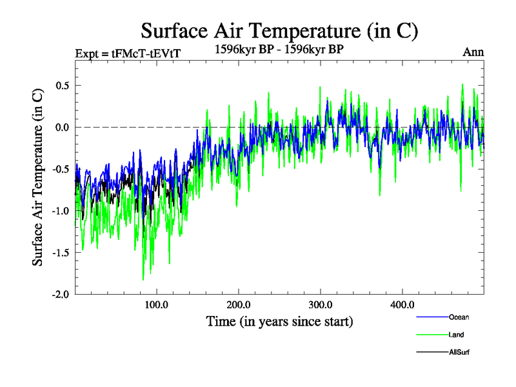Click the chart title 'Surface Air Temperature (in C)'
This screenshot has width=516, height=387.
(280, 30)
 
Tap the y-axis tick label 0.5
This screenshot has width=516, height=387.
(61, 86)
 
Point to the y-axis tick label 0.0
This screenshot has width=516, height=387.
(61, 127)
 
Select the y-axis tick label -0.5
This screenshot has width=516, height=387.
(59, 169)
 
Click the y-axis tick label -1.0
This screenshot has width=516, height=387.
(59, 211)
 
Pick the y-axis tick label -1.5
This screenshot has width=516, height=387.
(59, 252)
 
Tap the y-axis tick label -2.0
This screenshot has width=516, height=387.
(59, 294)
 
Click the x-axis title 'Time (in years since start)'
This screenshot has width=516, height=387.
(280, 321)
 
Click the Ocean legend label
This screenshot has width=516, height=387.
(459, 317)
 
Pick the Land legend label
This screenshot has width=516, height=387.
(456, 335)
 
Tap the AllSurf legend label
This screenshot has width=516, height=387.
(459, 352)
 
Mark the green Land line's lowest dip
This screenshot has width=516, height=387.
(143, 279)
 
